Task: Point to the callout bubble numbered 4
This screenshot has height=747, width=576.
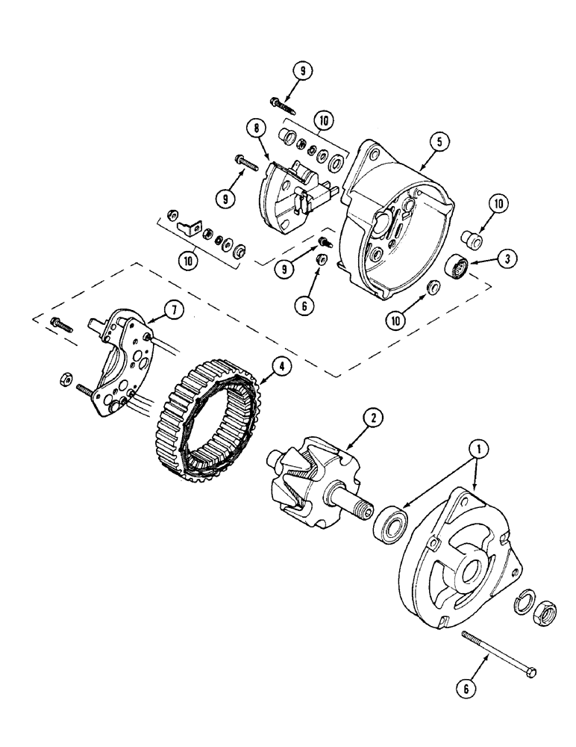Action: (281, 367)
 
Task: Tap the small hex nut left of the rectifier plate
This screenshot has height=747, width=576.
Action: (63, 379)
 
